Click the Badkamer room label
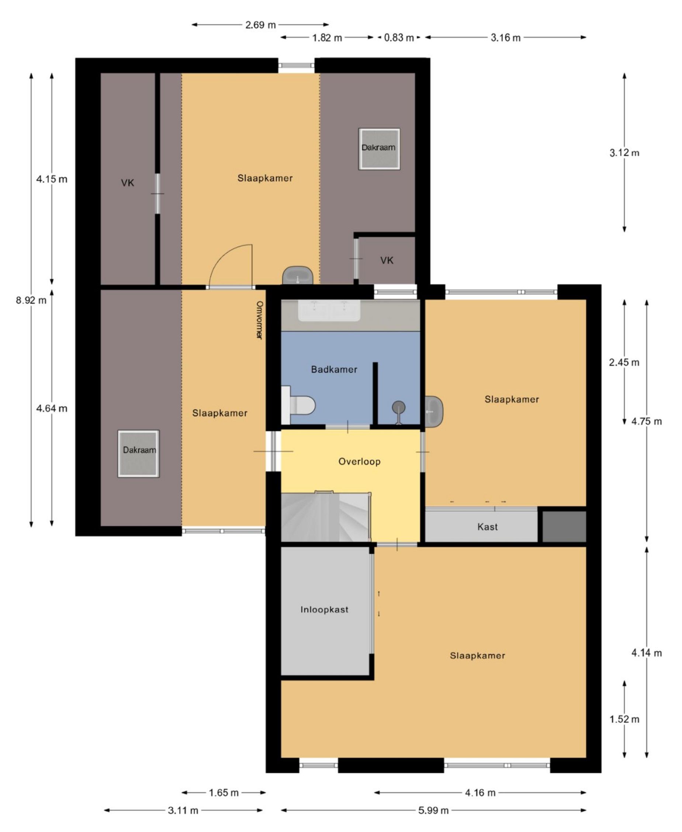(334, 369)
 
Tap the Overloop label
(360, 462)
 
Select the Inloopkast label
(325, 609)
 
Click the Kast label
(488, 527)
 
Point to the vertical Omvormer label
(259, 320)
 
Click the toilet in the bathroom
(298, 405)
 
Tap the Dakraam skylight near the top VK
(379, 149)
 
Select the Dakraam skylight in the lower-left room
(139, 453)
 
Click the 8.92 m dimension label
(31, 300)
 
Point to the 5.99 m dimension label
(433, 810)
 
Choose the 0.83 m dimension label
(399, 38)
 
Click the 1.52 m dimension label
(624, 719)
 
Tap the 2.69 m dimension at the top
(260, 25)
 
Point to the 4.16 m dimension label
(480, 793)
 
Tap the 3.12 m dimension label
(624, 153)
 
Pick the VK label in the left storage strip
(127, 182)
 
